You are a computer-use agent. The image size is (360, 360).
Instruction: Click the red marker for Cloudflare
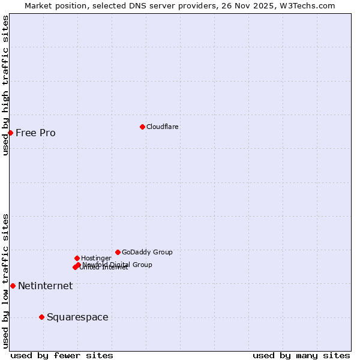142,127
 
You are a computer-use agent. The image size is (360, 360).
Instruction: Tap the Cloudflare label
162,127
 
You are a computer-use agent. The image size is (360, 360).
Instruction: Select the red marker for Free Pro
11,133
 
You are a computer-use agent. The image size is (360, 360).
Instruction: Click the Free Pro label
35,133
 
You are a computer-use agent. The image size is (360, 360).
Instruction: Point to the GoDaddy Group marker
118,252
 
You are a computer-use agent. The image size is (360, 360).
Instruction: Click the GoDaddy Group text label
147,252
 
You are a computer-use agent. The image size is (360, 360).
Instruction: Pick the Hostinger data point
77,258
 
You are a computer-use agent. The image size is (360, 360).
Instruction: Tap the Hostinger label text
96,258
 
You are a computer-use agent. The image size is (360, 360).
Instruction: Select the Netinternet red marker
13,286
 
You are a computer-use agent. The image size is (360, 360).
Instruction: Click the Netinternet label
45,286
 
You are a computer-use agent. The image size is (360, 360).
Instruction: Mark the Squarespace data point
41,317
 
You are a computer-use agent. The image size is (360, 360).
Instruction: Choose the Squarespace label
77,317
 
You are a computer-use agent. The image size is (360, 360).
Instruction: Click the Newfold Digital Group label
118,264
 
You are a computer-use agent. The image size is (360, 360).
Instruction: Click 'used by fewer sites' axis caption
62,355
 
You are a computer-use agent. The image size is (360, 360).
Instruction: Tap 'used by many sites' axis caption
301,355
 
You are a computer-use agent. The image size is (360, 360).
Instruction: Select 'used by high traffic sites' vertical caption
5,85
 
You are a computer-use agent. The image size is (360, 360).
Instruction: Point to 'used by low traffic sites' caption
5,281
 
